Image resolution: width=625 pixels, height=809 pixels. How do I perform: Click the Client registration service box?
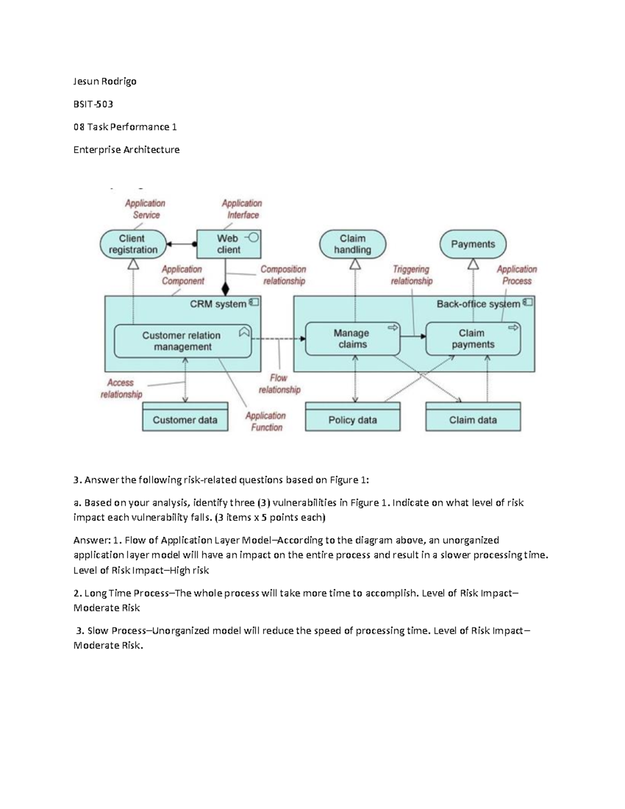click(x=132, y=244)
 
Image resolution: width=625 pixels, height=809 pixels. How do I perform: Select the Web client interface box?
click(x=228, y=244)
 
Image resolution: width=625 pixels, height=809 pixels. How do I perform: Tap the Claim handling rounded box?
click(x=353, y=244)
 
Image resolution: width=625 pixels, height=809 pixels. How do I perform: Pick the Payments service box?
click(x=473, y=244)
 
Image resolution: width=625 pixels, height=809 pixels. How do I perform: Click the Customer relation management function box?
click(x=182, y=341)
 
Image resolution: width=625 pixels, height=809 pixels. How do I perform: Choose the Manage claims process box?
click(x=352, y=339)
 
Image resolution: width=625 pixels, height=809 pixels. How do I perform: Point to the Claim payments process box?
click(x=473, y=339)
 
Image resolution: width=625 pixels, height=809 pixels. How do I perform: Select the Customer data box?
click(x=185, y=420)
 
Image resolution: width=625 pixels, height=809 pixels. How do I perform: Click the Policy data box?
click(x=353, y=420)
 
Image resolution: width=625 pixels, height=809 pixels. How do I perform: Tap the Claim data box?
click(x=473, y=420)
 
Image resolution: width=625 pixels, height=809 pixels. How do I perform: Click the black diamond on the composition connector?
click(x=226, y=288)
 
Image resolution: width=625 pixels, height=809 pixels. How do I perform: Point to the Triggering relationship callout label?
click(x=411, y=275)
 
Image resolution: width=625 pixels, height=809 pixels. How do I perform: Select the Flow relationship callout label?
click(x=279, y=384)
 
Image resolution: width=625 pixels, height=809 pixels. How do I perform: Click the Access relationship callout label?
click(x=121, y=389)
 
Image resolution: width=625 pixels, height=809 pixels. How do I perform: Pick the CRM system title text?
click(x=218, y=304)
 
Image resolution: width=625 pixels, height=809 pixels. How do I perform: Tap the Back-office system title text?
click(x=478, y=304)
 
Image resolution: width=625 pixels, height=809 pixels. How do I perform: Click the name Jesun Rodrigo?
click(x=105, y=81)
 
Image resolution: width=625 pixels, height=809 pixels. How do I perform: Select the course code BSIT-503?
click(x=93, y=104)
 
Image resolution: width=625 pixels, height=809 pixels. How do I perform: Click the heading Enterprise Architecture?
click(x=127, y=150)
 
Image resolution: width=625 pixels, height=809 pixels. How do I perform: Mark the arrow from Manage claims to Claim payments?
click(x=413, y=337)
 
